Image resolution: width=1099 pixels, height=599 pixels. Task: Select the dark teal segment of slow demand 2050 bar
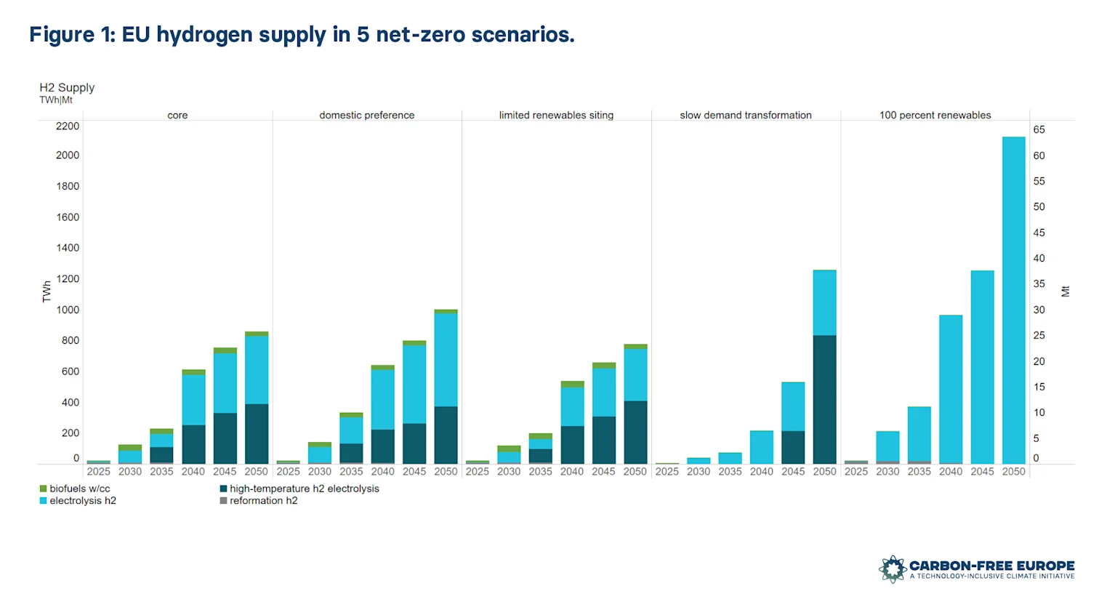(824, 399)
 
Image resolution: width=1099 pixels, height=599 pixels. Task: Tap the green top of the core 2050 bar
(256, 334)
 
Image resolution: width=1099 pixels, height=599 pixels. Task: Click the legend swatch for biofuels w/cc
(43, 489)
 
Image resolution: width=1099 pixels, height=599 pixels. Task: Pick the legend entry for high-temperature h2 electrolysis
(304, 489)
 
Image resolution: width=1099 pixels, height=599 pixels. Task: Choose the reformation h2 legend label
(263, 500)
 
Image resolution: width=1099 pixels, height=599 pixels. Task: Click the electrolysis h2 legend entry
(82, 500)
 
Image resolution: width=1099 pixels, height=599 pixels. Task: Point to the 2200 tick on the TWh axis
(68, 126)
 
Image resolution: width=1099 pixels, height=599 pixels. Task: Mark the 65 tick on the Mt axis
(1039, 129)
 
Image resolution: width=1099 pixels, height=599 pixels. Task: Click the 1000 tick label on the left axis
(68, 310)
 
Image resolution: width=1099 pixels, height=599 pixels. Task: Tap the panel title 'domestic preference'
(366, 115)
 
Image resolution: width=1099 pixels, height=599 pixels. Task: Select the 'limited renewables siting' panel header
(556, 115)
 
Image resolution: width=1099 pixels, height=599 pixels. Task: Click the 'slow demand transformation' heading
(745, 115)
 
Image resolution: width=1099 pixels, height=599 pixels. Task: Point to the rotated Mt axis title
(1065, 292)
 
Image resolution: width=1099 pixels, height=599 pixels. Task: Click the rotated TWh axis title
(47, 292)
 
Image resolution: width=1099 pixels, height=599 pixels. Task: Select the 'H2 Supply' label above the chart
(67, 87)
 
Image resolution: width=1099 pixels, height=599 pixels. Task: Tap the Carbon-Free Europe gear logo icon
(892, 569)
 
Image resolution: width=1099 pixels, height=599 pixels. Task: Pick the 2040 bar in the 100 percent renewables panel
(950, 389)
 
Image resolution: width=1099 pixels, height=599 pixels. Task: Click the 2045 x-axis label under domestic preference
(414, 471)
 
